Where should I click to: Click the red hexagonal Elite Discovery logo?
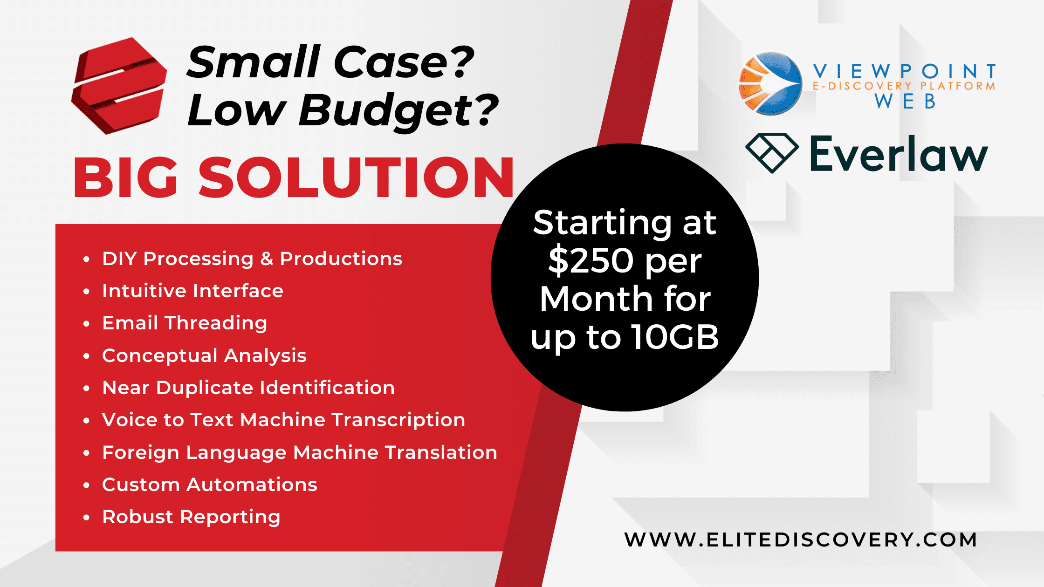[x=119, y=86]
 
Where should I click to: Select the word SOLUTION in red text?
[x=357, y=177]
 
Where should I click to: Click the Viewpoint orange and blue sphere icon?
[x=771, y=83]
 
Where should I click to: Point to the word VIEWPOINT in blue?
[x=905, y=71]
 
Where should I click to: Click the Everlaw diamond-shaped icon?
[x=772, y=153]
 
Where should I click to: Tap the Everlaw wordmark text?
[x=899, y=153]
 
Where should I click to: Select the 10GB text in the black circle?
[x=675, y=337]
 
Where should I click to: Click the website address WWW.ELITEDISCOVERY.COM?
[x=800, y=539]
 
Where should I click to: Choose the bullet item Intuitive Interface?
[x=192, y=291]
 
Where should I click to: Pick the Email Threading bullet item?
[x=185, y=323]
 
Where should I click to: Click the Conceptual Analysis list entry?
[x=204, y=356]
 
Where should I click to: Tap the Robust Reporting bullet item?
[x=191, y=517]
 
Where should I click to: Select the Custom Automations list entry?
[x=210, y=485]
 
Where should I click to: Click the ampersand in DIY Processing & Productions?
[x=267, y=259]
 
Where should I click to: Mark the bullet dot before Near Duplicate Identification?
[x=86, y=388]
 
